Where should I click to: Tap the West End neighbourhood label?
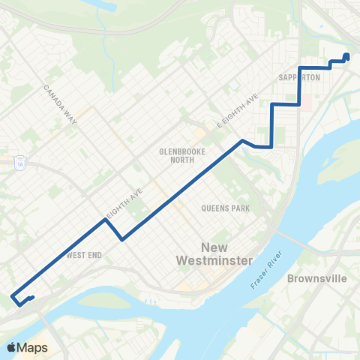(84, 255)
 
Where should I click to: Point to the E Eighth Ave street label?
(238, 109)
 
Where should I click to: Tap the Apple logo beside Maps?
(11, 347)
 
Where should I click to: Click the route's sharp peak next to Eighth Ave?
(105, 220)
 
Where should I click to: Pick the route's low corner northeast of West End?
(121, 239)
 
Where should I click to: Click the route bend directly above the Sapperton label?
(300, 67)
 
